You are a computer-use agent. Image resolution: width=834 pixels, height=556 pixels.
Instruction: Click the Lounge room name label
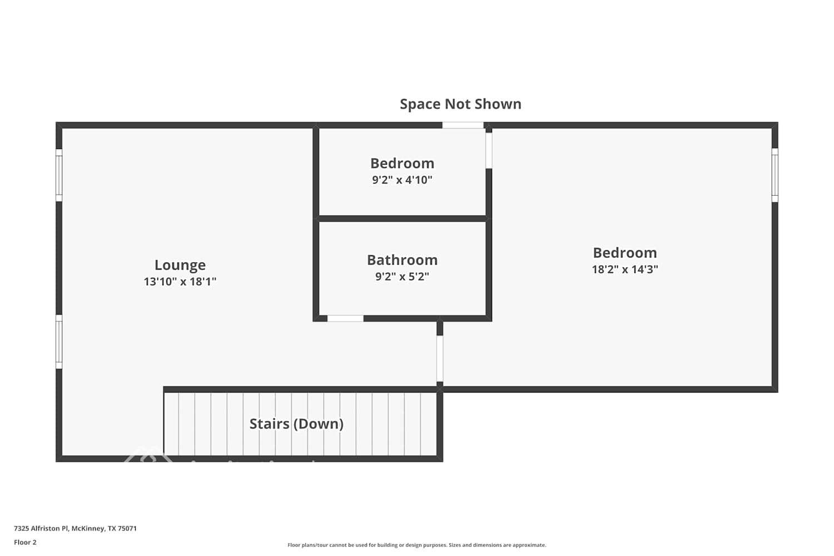coord(180,265)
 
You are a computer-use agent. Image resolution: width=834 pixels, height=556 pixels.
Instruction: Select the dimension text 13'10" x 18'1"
coord(180,282)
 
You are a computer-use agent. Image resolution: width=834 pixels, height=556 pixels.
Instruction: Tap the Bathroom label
coord(402,260)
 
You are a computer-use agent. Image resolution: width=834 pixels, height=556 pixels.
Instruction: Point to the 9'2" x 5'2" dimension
coord(402,277)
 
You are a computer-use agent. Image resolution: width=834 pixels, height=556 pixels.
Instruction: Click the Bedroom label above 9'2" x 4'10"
coord(402,163)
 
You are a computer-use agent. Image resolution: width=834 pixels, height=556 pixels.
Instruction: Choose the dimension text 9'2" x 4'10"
coord(402,180)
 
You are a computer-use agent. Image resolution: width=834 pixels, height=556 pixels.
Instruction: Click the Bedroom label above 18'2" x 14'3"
coord(624,253)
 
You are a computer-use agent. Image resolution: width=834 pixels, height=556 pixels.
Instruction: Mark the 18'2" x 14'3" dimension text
coord(624,270)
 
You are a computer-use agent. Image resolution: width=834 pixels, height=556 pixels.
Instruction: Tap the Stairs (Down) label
coord(296,424)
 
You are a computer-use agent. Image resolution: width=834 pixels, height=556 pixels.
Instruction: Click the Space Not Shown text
coord(460,105)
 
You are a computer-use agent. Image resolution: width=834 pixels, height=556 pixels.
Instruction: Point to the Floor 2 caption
coord(25,543)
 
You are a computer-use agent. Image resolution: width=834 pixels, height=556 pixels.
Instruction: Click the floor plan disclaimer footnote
coord(416,545)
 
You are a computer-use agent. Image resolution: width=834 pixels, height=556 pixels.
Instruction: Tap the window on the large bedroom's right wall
coord(775,175)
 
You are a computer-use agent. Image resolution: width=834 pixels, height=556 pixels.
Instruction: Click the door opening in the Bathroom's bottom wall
coord(345,319)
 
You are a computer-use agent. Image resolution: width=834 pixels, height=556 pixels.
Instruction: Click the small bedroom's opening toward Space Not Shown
coord(463,126)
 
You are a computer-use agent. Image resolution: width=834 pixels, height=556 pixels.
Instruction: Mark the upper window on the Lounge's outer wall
coord(59,175)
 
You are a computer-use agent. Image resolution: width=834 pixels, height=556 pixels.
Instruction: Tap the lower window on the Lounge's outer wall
coord(59,341)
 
